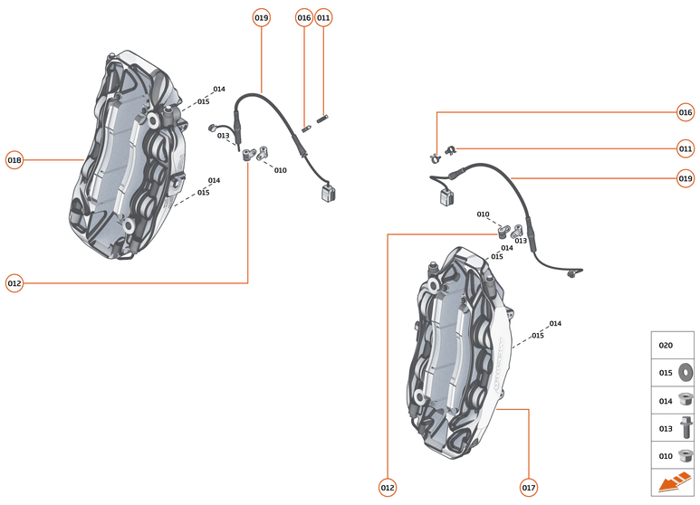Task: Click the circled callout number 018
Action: pyautogui.click(x=14, y=160)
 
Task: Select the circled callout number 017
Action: pyautogui.click(x=529, y=487)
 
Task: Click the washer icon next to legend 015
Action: pyautogui.click(x=685, y=372)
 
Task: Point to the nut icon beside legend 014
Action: pyautogui.click(x=685, y=399)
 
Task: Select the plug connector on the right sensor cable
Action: pyautogui.click(x=446, y=197)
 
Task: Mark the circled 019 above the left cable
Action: pyautogui.click(x=262, y=17)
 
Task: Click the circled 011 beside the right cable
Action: pyautogui.click(x=686, y=148)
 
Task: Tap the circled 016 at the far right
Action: pyautogui.click(x=686, y=112)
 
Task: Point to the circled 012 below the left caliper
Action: pyautogui.click(x=14, y=283)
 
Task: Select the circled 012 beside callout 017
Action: pyautogui.click(x=388, y=487)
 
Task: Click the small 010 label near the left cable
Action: pyautogui.click(x=281, y=170)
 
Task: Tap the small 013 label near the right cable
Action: pyautogui.click(x=521, y=241)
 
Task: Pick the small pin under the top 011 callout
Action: pyautogui.click(x=324, y=117)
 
